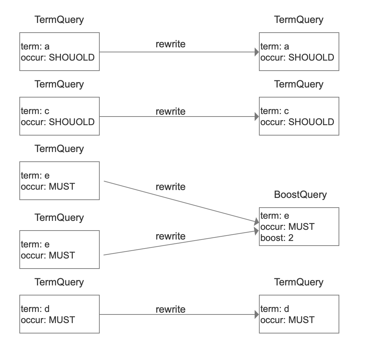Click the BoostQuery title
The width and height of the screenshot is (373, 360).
click(x=300, y=194)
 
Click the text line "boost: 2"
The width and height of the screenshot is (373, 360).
click(x=277, y=238)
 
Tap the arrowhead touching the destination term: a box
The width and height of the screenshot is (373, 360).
click(x=257, y=52)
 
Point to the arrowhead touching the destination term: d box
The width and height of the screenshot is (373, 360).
click(x=257, y=314)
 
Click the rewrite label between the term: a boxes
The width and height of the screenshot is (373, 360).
click(x=171, y=44)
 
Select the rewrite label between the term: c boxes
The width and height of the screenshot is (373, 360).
click(x=171, y=111)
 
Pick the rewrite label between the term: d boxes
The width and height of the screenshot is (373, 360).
click(x=171, y=309)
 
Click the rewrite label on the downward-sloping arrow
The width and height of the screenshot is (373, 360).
click(x=171, y=187)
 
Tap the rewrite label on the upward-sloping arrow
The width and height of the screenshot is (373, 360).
click(x=171, y=236)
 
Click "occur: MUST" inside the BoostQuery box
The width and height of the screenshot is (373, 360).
click(x=287, y=227)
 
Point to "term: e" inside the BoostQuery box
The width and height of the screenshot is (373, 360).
click(x=275, y=215)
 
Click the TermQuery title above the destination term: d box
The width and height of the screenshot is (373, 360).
click(x=299, y=282)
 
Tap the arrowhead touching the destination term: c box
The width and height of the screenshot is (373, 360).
click(x=257, y=117)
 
